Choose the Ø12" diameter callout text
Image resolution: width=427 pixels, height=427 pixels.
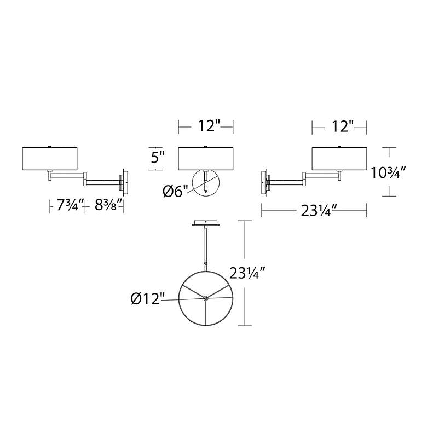click(x=148, y=299)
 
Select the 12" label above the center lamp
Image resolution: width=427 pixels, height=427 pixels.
click(x=209, y=126)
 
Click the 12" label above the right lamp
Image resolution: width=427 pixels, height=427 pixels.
click(x=343, y=126)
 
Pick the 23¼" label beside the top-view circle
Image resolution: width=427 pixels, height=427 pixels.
click(x=247, y=273)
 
